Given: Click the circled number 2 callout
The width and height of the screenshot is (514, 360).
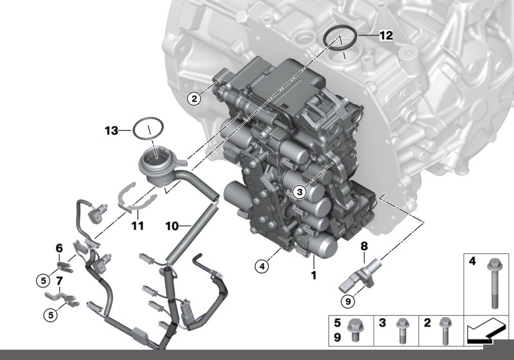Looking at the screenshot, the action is [x=191, y=98].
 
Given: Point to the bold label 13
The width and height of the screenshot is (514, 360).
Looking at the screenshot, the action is [x=112, y=130].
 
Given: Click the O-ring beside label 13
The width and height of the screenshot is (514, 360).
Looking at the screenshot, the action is [x=148, y=126].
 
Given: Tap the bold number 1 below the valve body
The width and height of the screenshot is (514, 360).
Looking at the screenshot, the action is [x=314, y=275].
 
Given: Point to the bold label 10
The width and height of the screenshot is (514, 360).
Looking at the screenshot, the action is [x=172, y=226].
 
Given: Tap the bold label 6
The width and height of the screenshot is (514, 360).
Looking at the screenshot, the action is [x=58, y=248].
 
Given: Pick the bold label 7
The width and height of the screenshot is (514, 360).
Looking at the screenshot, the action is [x=58, y=281].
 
